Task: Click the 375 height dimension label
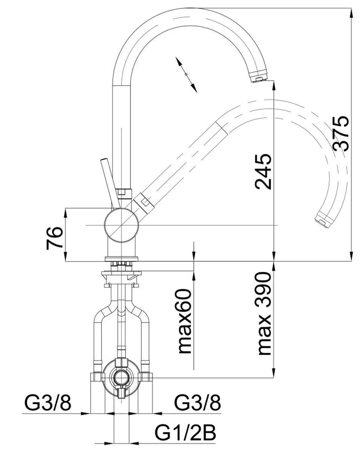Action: [341, 133]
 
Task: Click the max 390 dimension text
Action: [264, 314]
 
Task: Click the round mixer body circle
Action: [121, 225]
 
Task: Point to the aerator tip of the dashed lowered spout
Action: [324, 220]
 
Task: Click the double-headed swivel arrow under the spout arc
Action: [186, 74]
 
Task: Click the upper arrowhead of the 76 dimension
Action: [66, 214]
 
